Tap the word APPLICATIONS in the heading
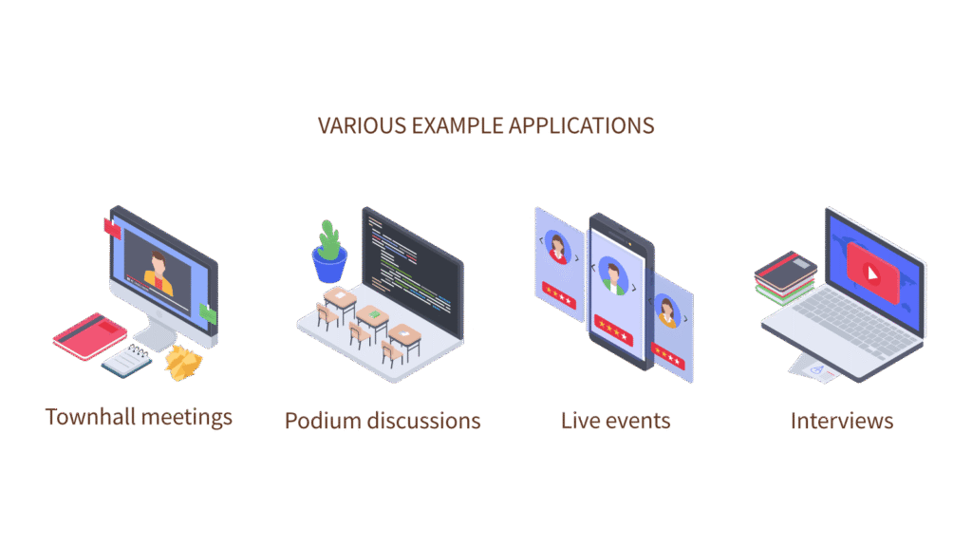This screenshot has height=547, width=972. coord(582,126)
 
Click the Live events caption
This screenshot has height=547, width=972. coord(615,421)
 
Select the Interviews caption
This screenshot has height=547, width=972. coord(842,421)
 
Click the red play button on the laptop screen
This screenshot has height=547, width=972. coord(873,273)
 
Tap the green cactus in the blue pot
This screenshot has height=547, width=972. coord(329,240)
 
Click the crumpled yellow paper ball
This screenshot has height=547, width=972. coord(183,363)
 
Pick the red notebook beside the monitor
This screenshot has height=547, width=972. coord(90,336)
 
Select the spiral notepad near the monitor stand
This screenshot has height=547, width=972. coord(127,361)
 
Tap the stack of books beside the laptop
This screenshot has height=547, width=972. coord(785,277)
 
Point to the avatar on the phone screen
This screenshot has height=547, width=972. coord(614,276)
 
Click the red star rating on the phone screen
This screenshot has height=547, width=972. coord(613,330)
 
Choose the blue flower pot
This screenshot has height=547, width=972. coord(329,266)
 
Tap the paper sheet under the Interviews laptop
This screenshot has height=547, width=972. coord(813,369)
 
